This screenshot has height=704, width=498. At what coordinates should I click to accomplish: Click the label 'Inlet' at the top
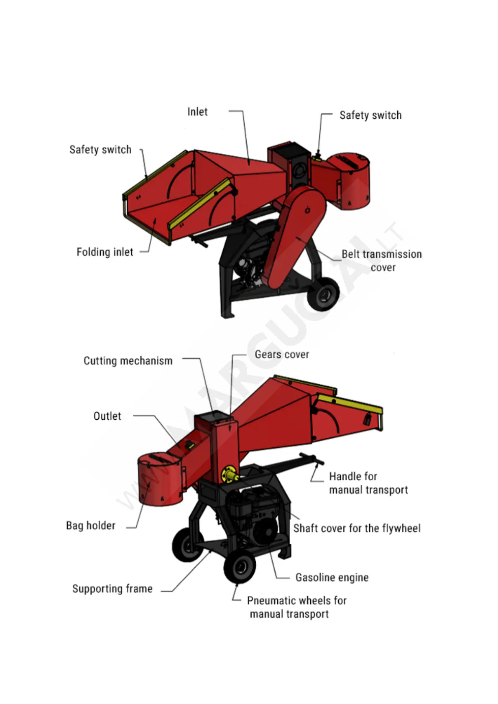(197, 112)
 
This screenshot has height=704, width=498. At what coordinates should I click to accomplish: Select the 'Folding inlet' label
(105, 252)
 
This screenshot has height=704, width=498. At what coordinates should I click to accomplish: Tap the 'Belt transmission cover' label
(381, 260)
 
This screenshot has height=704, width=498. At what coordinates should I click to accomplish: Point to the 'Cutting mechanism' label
(128, 361)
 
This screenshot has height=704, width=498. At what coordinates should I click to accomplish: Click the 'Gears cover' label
(282, 355)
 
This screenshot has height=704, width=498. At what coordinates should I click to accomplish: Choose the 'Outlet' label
(107, 416)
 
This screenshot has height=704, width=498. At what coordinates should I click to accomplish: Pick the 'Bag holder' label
(91, 525)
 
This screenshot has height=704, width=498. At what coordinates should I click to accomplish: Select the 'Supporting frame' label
(112, 589)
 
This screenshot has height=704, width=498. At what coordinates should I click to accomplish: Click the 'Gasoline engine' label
(332, 577)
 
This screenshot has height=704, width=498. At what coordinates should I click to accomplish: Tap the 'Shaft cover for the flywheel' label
(357, 528)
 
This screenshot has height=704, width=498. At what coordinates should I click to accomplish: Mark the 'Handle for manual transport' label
(368, 483)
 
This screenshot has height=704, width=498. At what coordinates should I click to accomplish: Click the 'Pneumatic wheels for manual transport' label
(296, 607)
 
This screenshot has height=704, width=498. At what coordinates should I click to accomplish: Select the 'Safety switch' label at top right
(370, 115)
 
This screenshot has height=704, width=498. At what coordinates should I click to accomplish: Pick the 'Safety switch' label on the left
(100, 150)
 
